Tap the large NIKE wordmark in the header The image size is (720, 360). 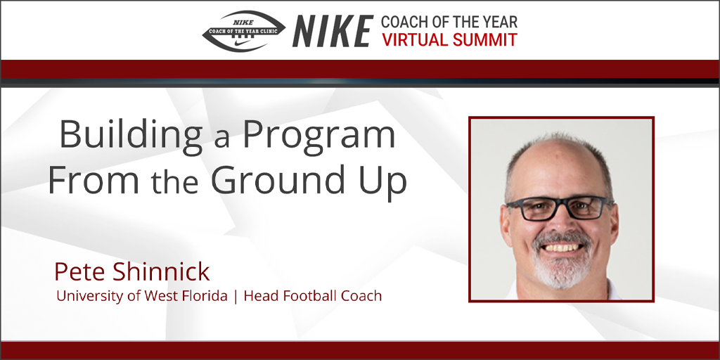point(333,31)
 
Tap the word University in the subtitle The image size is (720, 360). point(89,296)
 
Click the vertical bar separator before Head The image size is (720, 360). point(236,296)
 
